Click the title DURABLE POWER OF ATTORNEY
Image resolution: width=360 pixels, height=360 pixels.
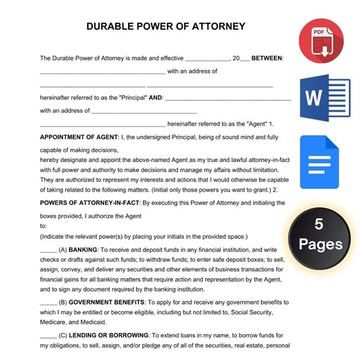click(x=165, y=27)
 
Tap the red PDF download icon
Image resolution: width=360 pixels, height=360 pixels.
click(x=321, y=41)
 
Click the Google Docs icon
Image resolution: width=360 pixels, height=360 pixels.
click(x=319, y=163)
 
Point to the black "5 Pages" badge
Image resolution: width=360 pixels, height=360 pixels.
click(x=319, y=234)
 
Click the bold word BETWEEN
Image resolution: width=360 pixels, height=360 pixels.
click(x=267, y=58)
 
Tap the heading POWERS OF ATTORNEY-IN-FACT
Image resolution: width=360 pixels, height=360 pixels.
click(x=89, y=203)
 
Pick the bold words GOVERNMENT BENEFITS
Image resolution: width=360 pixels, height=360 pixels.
click(x=108, y=302)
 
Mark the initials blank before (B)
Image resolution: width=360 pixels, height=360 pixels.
click(x=48, y=303)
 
